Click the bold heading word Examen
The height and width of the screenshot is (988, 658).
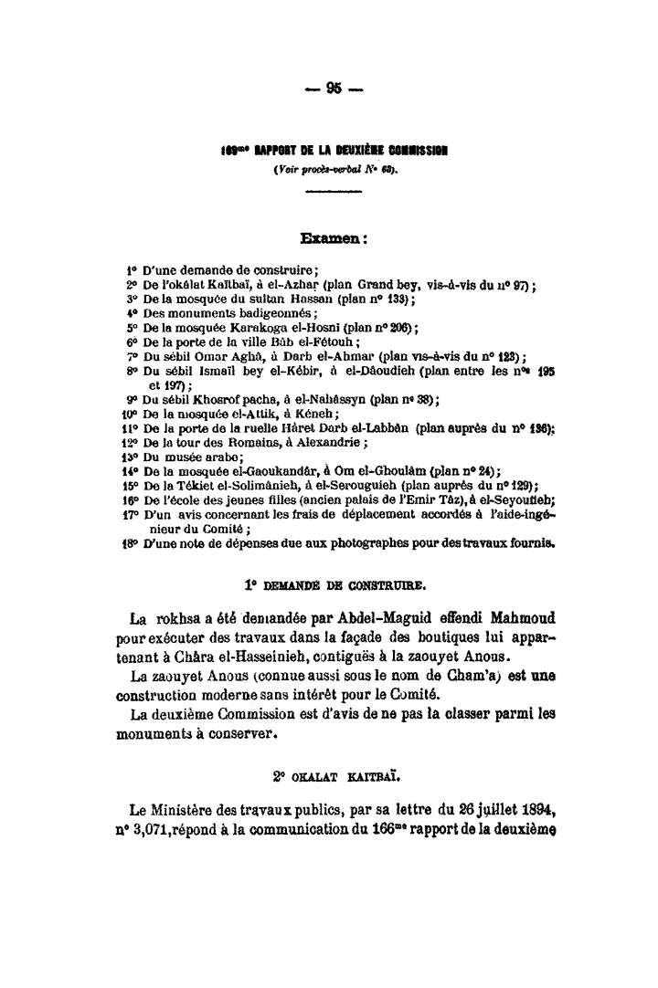328,239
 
